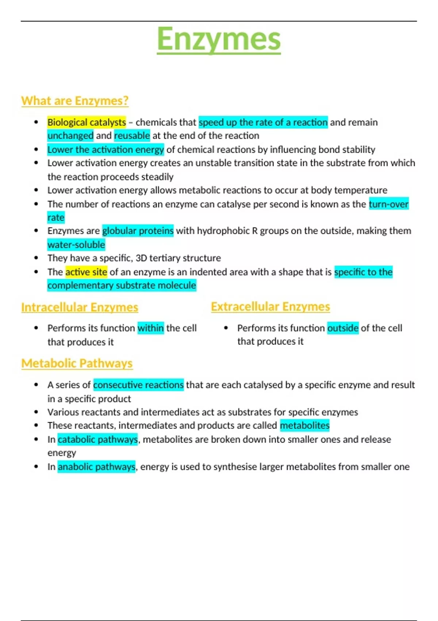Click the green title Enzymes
click(219, 39)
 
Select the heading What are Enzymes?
click(75, 101)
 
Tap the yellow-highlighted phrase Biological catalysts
click(87, 122)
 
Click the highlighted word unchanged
click(70, 136)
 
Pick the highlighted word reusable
click(132, 136)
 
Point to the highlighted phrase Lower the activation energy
click(105, 150)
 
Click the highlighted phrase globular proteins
click(138, 231)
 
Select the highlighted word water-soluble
click(76, 245)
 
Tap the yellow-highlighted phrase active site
click(86, 272)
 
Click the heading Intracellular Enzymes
click(80, 308)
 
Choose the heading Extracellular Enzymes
click(270, 307)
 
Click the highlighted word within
click(150, 328)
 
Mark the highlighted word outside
click(343, 328)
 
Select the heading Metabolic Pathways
click(77, 363)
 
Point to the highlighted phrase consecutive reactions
click(138, 385)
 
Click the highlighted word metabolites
click(305, 426)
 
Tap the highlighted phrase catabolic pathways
click(98, 439)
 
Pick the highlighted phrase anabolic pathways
click(96, 467)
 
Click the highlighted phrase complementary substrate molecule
click(122, 286)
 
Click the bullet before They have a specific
click(36, 258)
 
